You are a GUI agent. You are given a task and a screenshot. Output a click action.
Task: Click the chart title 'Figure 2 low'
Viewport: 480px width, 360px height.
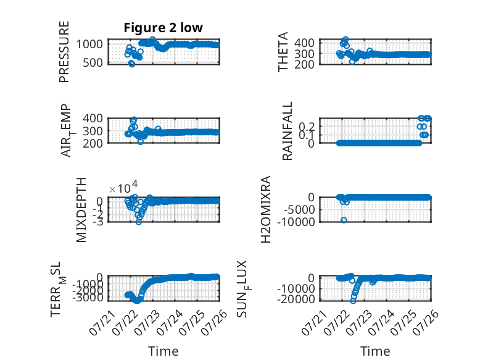point(163,28)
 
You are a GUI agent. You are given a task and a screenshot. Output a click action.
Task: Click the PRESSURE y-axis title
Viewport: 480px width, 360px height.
point(64,52)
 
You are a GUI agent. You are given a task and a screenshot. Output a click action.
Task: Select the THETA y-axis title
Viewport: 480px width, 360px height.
point(283,52)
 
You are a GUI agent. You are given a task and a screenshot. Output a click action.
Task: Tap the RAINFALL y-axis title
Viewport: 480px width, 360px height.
point(288,131)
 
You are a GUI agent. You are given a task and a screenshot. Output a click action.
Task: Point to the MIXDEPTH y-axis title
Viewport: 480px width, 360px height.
point(81,210)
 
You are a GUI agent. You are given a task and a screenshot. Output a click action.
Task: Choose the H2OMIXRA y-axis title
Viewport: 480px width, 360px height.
point(266,209)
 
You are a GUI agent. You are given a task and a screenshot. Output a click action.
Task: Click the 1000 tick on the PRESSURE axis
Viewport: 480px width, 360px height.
point(89,44)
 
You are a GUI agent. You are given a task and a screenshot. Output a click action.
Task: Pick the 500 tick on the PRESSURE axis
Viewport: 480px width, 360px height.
point(93,63)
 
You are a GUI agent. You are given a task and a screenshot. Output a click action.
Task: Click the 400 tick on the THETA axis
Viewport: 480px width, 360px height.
point(304,43)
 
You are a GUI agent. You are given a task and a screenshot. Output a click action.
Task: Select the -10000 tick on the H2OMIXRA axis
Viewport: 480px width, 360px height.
point(296,222)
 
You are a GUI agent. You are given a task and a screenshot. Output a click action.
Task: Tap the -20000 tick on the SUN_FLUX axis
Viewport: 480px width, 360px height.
point(296,299)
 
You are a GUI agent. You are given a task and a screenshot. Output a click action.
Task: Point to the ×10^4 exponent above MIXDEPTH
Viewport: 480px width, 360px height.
point(123,188)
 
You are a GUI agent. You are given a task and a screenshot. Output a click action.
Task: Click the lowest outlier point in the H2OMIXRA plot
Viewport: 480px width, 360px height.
point(344,220)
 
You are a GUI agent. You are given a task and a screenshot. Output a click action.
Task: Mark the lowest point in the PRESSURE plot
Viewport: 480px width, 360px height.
point(131,64)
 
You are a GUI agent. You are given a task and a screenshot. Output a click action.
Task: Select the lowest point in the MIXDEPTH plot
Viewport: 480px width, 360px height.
point(139,222)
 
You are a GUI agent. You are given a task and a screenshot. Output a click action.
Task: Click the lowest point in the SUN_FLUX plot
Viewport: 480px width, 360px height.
point(353,301)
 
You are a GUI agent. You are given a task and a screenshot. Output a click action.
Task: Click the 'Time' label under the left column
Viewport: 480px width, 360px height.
point(163,351)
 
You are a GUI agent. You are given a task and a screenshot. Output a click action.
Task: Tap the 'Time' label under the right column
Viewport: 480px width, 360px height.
point(375,351)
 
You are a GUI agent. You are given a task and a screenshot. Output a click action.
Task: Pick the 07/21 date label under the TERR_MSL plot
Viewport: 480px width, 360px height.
point(102,323)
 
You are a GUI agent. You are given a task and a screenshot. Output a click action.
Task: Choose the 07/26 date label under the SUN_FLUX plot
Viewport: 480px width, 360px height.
point(426,323)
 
